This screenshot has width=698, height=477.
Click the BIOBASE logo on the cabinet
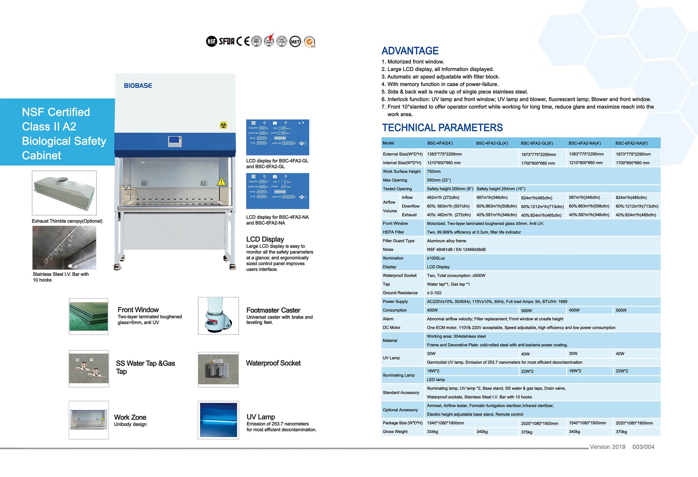click(x=138, y=86)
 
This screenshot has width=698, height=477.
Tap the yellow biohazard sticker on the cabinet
click(x=223, y=125)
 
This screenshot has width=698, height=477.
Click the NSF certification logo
click(x=211, y=41)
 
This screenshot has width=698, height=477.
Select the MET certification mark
click(x=295, y=41)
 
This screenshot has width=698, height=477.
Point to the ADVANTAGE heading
click(x=410, y=51)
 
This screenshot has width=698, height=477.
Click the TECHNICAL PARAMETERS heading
click(x=442, y=128)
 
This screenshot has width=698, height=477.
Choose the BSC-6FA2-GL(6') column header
click(x=537, y=143)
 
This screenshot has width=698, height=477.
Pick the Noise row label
click(x=388, y=249)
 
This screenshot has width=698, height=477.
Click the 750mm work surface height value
click(x=434, y=171)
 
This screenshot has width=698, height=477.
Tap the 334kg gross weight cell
click(x=433, y=432)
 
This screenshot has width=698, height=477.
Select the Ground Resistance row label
click(x=400, y=293)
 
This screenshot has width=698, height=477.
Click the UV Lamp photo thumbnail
click(x=218, y=420)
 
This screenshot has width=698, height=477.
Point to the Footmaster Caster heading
click(x=273, y=310)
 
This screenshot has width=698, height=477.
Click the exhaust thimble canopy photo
click(x=64, y=193)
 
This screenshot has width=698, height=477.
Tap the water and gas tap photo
click(x=88, y=369)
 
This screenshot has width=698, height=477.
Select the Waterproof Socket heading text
click(x=273, y=363)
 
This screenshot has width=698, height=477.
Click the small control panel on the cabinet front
click(x=175, y=142)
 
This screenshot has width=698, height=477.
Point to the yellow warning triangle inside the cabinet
click(x=221, y=181)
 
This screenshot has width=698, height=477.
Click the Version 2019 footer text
click(x=607, y=447)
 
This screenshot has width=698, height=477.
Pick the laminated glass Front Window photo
click(x=88, y=316)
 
